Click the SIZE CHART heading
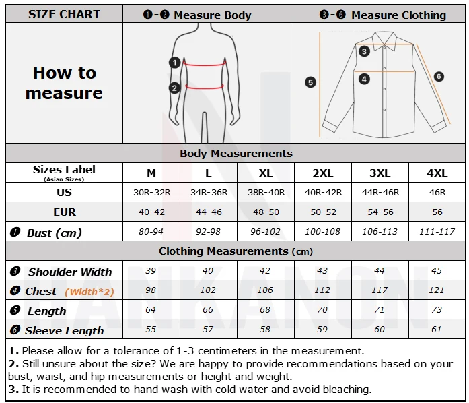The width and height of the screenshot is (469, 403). (64, 14)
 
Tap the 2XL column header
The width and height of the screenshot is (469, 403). (323, 173)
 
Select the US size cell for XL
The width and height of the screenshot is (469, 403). (266, 193)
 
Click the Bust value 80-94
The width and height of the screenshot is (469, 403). (151, 232)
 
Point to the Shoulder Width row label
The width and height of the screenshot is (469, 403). (69, 272)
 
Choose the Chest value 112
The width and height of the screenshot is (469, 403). (323, 291)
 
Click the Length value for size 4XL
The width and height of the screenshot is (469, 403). (437, 311)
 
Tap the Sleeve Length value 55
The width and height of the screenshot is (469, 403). (151, 330)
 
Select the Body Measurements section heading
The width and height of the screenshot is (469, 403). (236, 154)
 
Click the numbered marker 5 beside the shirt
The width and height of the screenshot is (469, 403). (310, 82)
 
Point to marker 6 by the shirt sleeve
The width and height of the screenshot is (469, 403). (439, 77)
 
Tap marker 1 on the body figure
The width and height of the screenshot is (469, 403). (174, 63)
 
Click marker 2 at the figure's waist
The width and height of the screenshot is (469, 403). (174, 87)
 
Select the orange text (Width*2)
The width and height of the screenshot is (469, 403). (89, 292)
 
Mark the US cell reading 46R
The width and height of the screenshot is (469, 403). (437, 193)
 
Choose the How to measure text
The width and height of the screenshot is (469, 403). (64, 83)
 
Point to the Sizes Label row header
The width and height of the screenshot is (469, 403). (64, 171)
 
